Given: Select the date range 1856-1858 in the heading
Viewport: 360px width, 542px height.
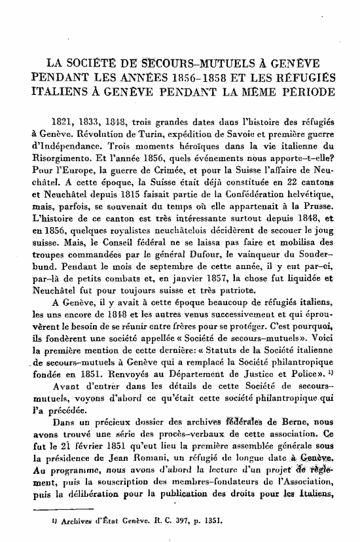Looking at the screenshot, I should click(x=202, y=79).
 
